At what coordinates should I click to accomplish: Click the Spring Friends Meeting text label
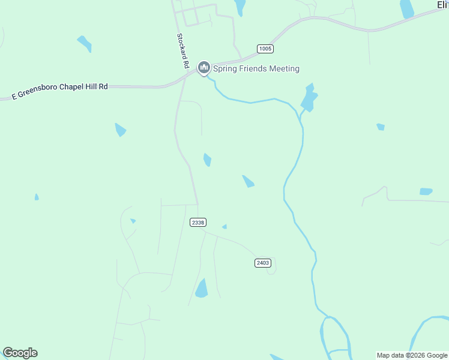click(x=256, y=69)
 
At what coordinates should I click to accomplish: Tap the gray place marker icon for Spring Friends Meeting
click(x=204, y=68)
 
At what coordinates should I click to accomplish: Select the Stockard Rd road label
click(x=182, y=50)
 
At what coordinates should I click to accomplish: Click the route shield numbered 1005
click(x=265, y=49)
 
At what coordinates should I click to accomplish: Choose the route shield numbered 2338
click(x=198, y=222)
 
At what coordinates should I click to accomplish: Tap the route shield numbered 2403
click(x=263, y=263)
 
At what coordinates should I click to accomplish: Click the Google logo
click(x=20, y=353)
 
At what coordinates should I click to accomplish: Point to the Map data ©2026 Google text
click(x=412, y=355)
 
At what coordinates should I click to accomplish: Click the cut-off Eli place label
click(x=442, y=5)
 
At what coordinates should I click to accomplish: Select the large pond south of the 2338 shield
click(x=201, y=289)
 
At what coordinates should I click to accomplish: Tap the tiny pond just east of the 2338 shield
click(x=224, y=226)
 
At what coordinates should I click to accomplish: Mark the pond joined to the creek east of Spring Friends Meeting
click(x=309, y=98)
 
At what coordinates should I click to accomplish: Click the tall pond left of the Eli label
click(x=407, y=8)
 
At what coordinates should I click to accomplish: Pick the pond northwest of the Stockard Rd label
click(x=85, y=43)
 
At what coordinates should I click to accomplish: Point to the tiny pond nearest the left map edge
click(x=37, y=197)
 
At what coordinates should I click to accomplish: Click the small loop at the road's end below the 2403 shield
click(x=271, y=271)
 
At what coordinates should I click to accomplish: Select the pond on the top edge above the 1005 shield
click(x=240, y=7)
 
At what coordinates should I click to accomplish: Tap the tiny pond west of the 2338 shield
click(x=133, y=221)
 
